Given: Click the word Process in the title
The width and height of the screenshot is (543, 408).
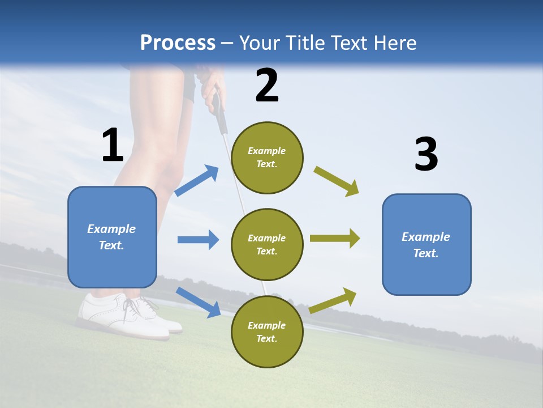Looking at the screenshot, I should click(178, 43).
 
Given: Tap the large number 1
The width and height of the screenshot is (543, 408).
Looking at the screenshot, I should click(113, 145).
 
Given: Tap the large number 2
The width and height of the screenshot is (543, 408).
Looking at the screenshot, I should click(267, 86).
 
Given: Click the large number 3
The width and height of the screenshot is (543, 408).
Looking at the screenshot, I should click(426, 155).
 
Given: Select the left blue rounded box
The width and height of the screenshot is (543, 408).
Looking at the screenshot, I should click(112, 237).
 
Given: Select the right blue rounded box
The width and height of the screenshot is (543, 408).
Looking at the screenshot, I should click(426, 244).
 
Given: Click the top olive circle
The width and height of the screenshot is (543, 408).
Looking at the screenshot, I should click(267, 158).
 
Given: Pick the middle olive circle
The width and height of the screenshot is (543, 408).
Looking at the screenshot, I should click(267, 244).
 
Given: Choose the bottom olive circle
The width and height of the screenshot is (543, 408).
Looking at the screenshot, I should click(267, 331).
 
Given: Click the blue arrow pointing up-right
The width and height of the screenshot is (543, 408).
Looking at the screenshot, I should click(197, 181).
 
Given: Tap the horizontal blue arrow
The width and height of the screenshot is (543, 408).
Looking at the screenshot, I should click(198, 240).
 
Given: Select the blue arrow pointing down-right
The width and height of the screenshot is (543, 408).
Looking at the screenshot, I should click(199, 302).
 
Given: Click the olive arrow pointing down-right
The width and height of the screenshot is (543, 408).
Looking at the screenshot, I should click(337, 181).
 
